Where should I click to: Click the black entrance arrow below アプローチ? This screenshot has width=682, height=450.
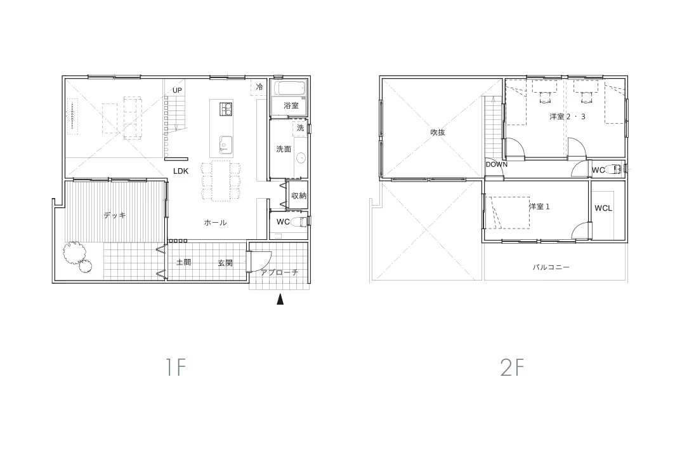(280, 300)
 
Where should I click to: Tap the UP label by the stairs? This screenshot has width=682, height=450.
(177, 91)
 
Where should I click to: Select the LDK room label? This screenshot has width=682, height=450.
(181, 171)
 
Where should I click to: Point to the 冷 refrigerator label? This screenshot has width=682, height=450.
(259, 87)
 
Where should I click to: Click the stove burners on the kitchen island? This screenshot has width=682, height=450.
(226, 109)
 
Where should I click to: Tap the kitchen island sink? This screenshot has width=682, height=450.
(225, 143)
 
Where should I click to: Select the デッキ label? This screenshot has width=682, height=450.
(115, 215)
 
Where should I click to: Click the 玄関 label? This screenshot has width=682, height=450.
(225, 263)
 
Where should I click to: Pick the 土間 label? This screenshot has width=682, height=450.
(183, 262)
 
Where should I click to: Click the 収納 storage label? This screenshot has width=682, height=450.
(299, 196)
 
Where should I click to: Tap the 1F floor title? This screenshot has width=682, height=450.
(176, 367)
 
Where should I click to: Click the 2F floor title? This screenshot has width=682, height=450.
(512, 367)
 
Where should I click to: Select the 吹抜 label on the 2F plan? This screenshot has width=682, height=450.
(438, 132)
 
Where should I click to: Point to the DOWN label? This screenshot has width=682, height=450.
(497, 164)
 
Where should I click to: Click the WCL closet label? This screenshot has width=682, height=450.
(603, 208)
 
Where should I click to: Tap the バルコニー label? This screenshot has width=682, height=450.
(551, 267)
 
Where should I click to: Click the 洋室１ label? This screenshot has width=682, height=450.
(540, 206)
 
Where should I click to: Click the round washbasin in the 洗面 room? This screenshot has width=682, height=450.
(301, 158)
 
